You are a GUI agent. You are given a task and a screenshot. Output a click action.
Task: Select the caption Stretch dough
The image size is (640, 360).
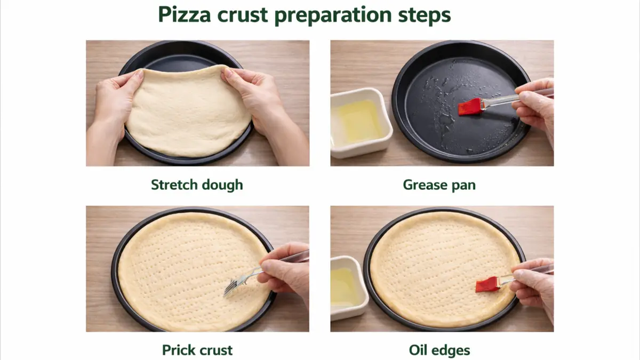(x=197, y=185)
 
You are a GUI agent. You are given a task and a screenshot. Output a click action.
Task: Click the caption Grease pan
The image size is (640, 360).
(x=439, y=185)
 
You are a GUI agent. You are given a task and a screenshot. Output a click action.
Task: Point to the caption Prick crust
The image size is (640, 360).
(x=197, y=350)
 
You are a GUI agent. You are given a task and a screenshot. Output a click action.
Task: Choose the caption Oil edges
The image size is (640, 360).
(x=439, y=350)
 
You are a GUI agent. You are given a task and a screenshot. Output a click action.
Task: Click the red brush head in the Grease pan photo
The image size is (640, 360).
(x=469, y=107)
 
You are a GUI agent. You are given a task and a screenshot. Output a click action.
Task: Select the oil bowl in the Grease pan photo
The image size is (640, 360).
(x=361, y=123)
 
